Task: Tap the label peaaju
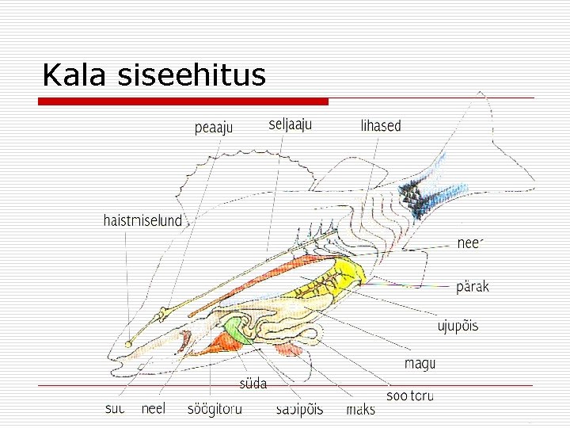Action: point(214,128)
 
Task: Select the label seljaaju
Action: point(291,124)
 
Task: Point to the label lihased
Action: point(381,126)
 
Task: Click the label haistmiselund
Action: point(142,220)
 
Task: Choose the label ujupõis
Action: point(458,327)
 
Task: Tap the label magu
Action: point(420,364)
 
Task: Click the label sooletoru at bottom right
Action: point(409,395)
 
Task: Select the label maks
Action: point(360,410)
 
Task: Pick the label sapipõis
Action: point(299,410)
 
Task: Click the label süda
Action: point(253,384)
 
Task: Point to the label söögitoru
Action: point(215,410)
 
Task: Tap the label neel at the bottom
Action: point(153,410)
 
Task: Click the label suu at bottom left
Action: point(115,410)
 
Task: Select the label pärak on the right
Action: point(473,286)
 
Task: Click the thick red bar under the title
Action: point(184,101)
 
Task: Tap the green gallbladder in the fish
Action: point(234,329)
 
